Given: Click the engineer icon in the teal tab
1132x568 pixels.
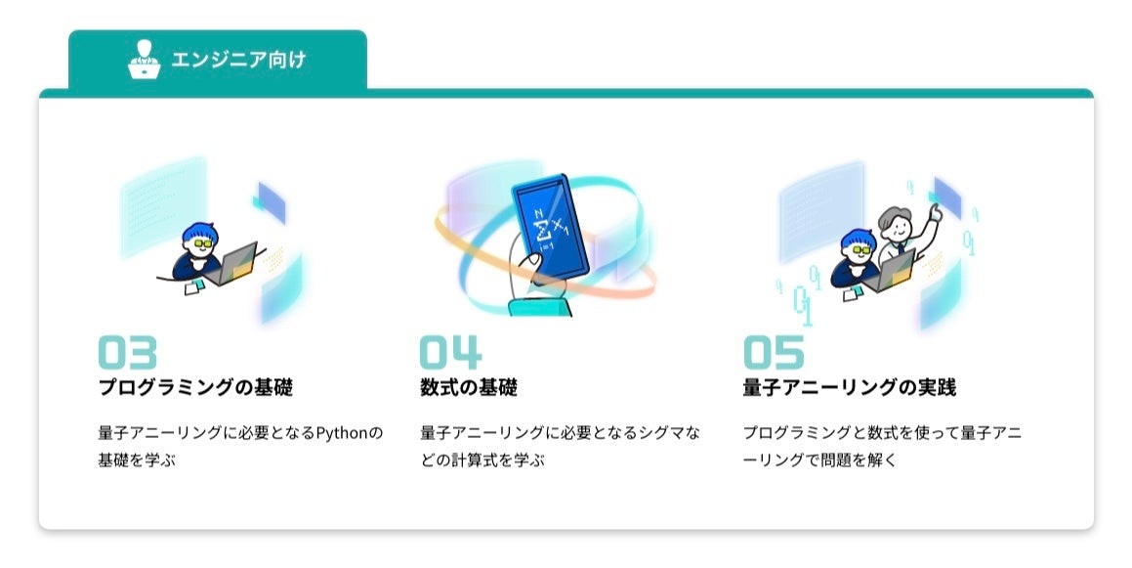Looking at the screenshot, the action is pyautogui.click(x=144, y=59).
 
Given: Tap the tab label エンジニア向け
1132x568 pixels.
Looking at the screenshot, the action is pyautogui.click(x=238, y=60).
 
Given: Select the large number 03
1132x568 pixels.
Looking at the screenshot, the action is pyautogui.click(x=127, y=353).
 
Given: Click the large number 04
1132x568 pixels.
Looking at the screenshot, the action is pyautogui.click(x=450, y=353).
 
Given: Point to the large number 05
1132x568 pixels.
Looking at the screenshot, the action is pyautogui.click(x=774, y=353).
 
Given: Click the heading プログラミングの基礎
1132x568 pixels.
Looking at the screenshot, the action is pyautogui.click(x=195, y=387).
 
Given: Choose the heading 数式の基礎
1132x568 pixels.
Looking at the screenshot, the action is pyautogui.click(x=469, y=387).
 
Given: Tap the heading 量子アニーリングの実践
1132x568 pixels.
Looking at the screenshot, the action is pyautogui.click(x=849, y=387).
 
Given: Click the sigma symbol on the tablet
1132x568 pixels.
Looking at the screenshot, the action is pyautogui.click(x=539, y=233).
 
